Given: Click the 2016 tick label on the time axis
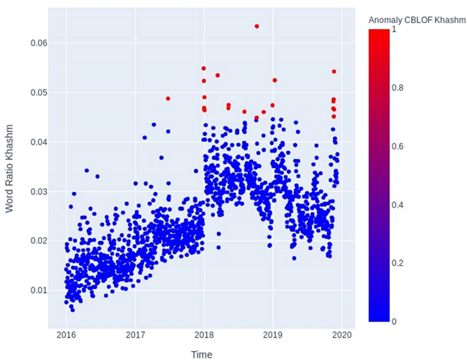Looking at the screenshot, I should (x=67, y=335).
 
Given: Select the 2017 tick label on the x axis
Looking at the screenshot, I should (x=136, y=335).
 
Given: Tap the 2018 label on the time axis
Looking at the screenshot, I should (x=204, y=335).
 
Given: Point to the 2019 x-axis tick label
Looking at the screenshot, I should (x=273, y=335).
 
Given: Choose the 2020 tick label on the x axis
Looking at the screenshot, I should (x=342, y=335).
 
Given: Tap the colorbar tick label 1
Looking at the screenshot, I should (x=394, y=29).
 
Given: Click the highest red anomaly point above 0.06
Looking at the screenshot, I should (x=257, y=26).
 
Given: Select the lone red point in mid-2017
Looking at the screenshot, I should (x=168, y=98).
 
